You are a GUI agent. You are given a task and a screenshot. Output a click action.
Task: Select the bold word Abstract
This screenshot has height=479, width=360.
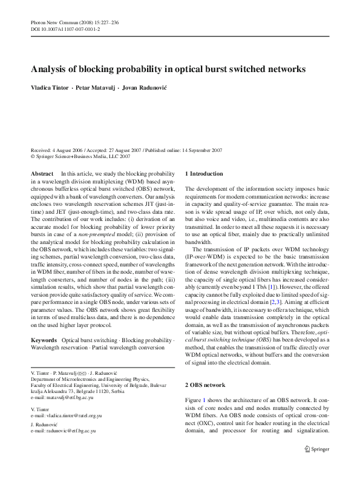click(42, 174)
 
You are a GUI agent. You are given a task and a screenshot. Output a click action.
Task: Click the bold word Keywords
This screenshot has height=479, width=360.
click(45, 341)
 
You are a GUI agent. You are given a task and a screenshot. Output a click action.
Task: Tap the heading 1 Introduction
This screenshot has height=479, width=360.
click(204, 174)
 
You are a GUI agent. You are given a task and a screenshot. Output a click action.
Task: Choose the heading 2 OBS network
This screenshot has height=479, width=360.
click(205, 385)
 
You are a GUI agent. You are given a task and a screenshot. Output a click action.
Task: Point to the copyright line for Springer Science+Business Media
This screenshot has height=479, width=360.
click(80, 156)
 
